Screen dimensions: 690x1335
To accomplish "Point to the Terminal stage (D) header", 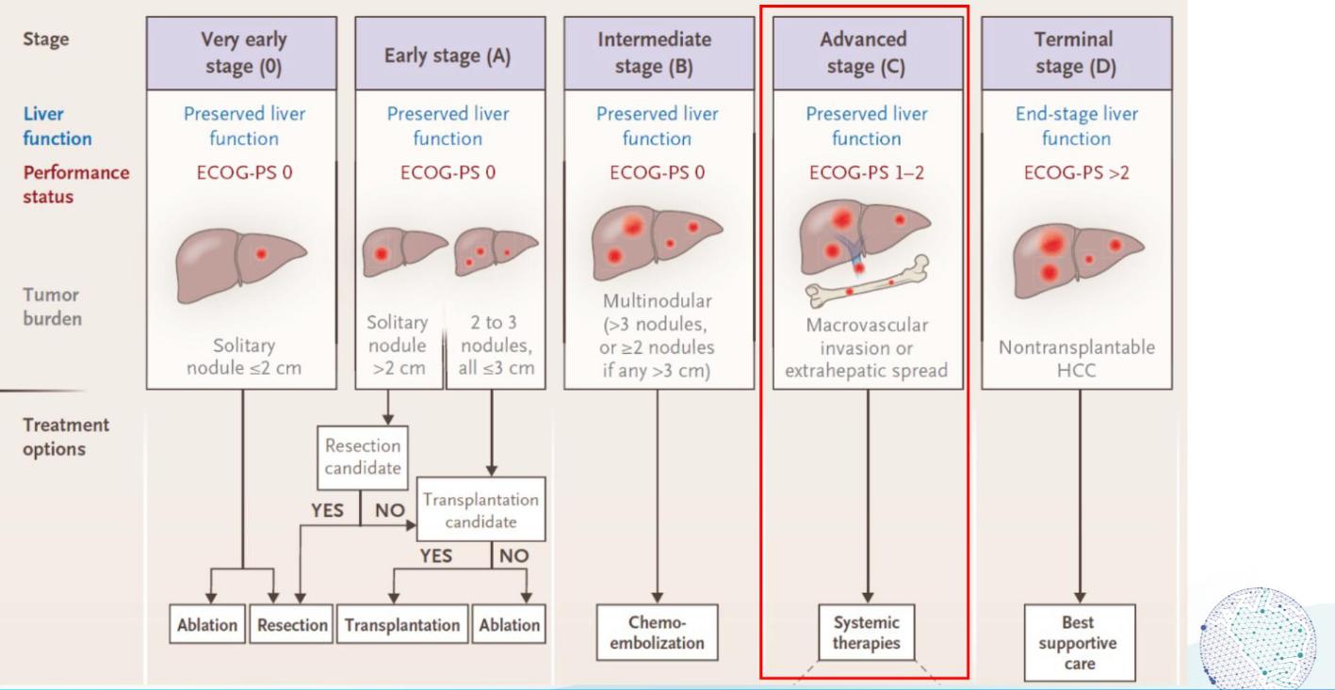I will coord(1077,54).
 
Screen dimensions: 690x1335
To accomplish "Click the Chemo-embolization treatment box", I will coord(657,633).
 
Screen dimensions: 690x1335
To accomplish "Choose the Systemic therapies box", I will coord(867,633).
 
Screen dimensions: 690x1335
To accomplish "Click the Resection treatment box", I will coord(292,625).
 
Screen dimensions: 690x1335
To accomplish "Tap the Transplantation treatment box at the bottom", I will coord(402,625).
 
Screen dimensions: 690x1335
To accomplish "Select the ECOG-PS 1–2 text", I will coord(867,172).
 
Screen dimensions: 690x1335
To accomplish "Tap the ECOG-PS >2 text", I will coord(1077,172).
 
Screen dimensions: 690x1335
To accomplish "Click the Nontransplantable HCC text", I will coord(1077,359).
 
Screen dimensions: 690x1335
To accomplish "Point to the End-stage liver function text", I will coord(1077,126).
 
